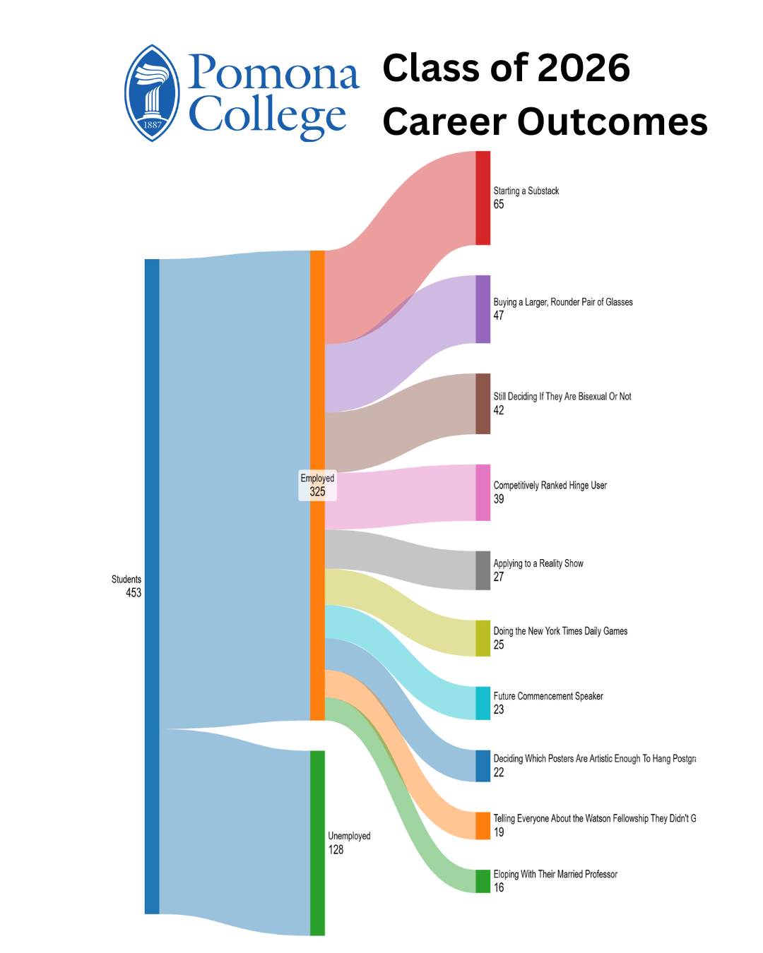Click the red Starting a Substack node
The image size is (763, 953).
[x=483, y=198]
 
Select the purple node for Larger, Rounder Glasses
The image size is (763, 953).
[x=483, y=309]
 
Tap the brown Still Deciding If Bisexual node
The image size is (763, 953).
[x=483, y=404]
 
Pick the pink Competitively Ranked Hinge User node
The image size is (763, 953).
[x=483, y=493]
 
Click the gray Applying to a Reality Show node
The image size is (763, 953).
[x=483, y=570]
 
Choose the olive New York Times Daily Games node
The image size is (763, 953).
[x=483, y=638]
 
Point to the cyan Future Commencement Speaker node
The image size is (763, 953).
[x=483, y=703]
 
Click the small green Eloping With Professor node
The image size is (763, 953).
[x=483, y=881]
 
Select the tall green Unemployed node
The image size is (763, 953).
[x=317, y=843]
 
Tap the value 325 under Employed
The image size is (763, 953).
[x=317, y=492]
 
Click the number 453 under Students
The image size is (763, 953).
[x=134, y=593]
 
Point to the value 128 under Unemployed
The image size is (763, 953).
[x=336, y=850]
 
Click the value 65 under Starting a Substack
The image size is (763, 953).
[x=499, y=205]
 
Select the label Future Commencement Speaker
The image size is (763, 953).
[x=548, y=696]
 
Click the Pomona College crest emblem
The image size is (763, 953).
[x=152, y=93]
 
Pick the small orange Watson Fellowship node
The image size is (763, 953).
[x=483, y=826]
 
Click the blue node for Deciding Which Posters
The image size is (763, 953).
[x=483, y=766]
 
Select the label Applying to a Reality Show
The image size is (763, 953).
[x=538, y=563]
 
